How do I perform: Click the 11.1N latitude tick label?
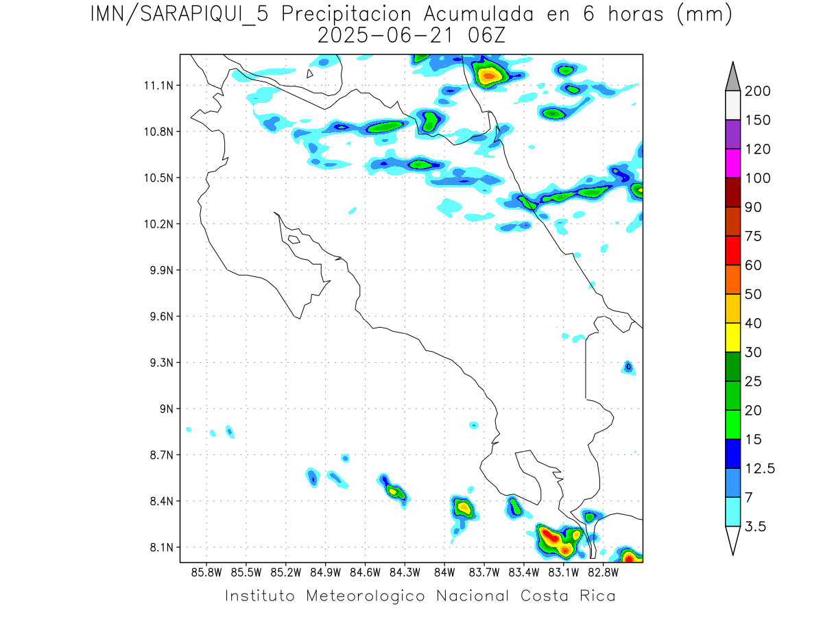157,85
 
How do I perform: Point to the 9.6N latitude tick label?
157,316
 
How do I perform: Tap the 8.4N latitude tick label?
157,501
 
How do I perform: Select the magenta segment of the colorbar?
732,163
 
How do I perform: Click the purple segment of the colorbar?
732,134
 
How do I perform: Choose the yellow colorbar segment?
732,337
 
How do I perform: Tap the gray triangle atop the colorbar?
732,77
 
